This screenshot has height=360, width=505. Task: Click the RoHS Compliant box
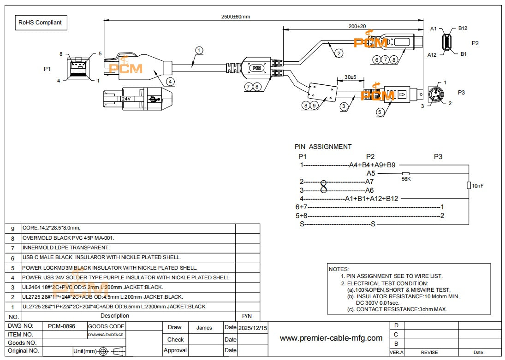[x=40, y=22]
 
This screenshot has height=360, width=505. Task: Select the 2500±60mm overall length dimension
[x=235, y=17]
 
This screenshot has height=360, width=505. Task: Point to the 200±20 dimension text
[x=357, y=26]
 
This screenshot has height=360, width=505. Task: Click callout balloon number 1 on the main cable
[x=199, y=50]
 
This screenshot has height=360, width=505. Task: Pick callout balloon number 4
[x=170, y=81]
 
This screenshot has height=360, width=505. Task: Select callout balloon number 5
[x=380, y=111]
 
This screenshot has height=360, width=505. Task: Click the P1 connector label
[x=47, y=69]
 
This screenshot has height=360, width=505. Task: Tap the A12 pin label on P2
[x=432, y=55]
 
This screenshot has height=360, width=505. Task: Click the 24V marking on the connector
[x=126, y=99]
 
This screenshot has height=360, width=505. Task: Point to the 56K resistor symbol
[x=406, y=173]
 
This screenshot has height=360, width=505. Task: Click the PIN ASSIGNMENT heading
[x=323, y=147]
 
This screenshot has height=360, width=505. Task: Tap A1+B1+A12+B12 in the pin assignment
[x=371, y=199]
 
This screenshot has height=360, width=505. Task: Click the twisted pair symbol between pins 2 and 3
[x=323, y=186]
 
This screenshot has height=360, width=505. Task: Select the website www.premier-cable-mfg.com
[x=331, y=338]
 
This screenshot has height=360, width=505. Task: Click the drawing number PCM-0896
[x=61, y=326]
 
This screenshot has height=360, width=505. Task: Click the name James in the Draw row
[x=204, y=328]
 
